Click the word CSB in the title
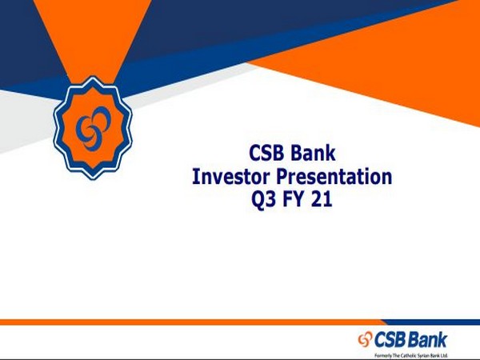266,152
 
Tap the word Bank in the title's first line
314,152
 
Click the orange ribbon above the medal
90,40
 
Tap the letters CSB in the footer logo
394,339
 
